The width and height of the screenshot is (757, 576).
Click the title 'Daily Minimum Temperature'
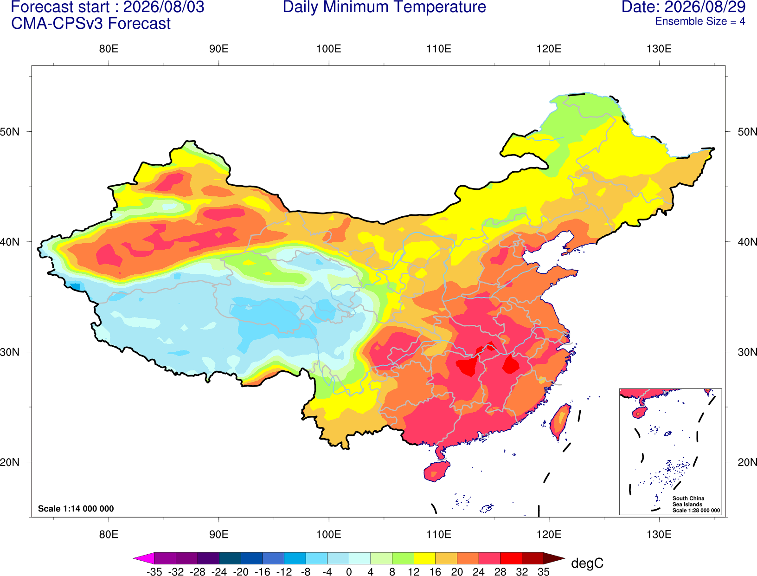384,7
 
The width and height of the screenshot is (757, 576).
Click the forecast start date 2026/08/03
164,7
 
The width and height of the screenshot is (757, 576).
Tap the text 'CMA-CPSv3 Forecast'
91,24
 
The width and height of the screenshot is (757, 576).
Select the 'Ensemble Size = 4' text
700,21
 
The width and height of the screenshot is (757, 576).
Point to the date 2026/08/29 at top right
705,7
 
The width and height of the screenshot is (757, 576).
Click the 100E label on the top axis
329,49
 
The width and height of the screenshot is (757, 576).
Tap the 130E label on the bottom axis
659,535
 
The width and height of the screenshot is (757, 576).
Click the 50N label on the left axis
10,132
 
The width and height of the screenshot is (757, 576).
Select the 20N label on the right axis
747,462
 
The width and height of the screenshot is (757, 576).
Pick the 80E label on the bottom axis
109,535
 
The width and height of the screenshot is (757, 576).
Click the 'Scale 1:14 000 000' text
76,508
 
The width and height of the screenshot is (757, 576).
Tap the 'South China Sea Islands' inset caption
688,501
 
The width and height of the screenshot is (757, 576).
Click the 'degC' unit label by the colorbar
587,563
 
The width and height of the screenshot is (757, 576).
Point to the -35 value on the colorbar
154,572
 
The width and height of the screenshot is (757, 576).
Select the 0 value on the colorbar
349,572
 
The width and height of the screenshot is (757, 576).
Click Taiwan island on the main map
559,422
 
